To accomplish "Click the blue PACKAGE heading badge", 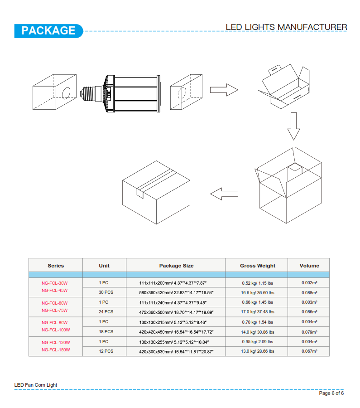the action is (48, 31).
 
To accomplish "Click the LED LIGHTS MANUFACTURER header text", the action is (286, 27).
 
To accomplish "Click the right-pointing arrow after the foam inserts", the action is (224, 90).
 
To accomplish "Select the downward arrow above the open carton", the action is (294, 126).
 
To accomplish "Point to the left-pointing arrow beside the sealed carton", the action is (224, 194).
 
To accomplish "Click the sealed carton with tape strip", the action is (156, 192).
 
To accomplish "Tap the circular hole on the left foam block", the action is (66, 93).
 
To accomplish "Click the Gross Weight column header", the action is (258, 266).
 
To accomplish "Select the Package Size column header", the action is (176, 266).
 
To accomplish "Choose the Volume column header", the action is (309, 266).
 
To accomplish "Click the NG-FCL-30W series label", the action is (55, 283).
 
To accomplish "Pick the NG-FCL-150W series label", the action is (56, 350).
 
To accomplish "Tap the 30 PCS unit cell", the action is (106, 292).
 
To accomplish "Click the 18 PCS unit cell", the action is (106, 332).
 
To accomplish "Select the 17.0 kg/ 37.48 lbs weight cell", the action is (258, 312).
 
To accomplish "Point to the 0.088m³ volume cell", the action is (309, 292).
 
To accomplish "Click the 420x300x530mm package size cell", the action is (176, 351).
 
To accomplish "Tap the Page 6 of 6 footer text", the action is (331, 393).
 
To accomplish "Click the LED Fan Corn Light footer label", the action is (36, 385).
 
